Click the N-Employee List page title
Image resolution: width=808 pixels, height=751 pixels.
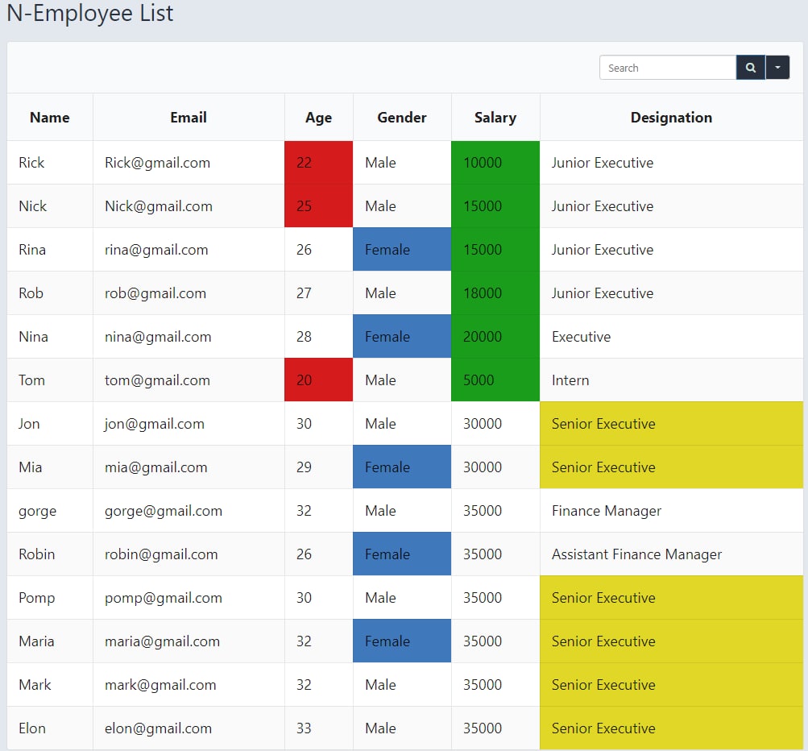pos(90,14)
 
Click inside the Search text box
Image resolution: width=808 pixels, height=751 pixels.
pos(667,68)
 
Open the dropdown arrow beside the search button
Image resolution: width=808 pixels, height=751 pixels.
pos(777,68)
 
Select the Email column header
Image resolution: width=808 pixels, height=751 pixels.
pos(189,118)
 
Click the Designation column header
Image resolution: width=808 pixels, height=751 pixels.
pos(671,118)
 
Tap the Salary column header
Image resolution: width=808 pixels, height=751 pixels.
pos(495,118)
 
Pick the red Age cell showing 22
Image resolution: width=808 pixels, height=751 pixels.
pos(318,163)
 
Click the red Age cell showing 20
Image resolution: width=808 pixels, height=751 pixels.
pos(318,380)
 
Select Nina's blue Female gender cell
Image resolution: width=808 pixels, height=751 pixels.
pos(402,337)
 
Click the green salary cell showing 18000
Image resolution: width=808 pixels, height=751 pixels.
pos(495,293)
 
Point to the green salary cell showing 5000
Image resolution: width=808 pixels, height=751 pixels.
pos(495,380)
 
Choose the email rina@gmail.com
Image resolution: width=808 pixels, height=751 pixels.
pos(156,250)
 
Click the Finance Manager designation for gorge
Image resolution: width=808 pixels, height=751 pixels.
pos(607,511)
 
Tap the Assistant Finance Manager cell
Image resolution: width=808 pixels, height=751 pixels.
pos(636,554)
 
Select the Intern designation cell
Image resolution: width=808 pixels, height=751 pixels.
pos(570,380)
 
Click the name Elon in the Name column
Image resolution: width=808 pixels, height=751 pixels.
pos(32,728)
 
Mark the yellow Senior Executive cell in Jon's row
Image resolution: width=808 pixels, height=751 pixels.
pos(671,424)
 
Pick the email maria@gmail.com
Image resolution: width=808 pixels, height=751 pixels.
pos(162,641)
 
